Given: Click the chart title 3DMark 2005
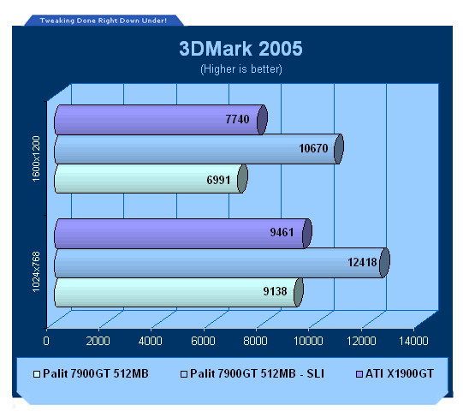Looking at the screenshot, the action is (240, 49).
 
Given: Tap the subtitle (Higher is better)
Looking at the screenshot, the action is (241, 69).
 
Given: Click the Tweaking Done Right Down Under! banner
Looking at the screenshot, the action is (104, 21).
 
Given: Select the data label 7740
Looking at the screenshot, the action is (237, 119).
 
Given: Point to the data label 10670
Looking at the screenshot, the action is (313, 148).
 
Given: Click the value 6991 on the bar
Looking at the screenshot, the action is (218, 180).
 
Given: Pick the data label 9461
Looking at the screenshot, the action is (282, 232).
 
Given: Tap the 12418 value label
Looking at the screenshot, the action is (362, 262).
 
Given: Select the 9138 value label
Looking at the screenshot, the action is (276, 291).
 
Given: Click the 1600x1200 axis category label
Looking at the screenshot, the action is (36, 158).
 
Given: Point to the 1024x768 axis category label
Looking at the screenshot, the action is (36, 271).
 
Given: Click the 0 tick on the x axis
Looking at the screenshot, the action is (46, 341).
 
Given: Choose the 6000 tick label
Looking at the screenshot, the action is (203, 341).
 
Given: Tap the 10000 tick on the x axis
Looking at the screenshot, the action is (308, 341).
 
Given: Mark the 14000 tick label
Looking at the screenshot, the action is (413, 341).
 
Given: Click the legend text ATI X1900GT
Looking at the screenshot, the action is (400, 373).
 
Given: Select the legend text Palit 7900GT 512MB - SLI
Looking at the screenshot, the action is (257, 373).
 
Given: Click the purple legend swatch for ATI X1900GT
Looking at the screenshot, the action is (359, 374).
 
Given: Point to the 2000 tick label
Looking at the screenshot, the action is (98, 341).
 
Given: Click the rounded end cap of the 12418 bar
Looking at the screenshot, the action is (384, 262).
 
